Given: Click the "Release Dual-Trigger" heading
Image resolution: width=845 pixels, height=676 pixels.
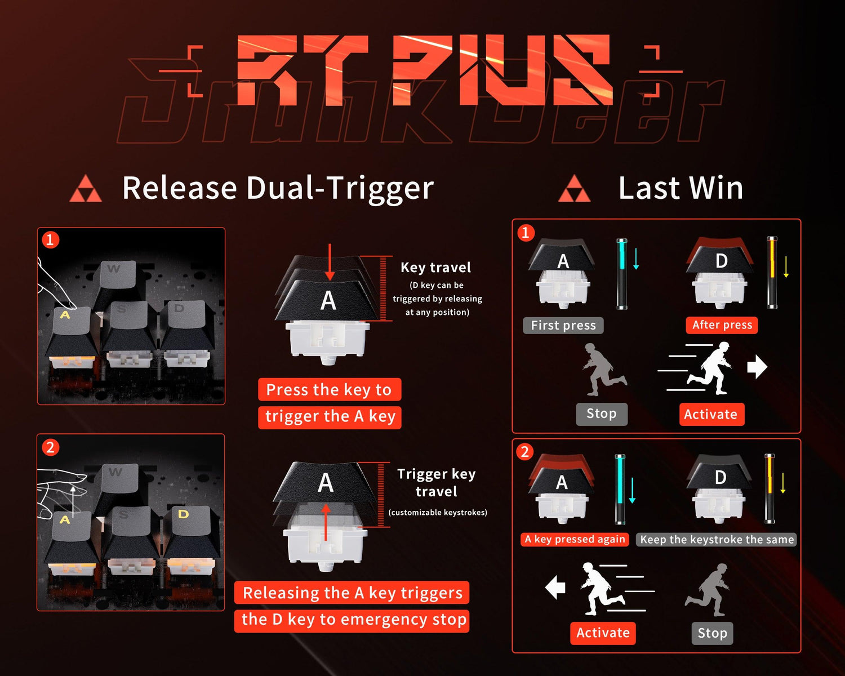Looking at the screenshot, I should [278, 188].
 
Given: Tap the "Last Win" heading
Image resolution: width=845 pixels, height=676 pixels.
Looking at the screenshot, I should [681, 188].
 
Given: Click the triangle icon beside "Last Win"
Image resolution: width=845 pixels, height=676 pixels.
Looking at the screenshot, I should [574, 189].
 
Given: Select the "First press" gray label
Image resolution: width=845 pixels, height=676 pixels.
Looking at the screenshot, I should [563, 326].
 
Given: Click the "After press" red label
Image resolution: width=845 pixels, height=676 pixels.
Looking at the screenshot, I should [722, 325].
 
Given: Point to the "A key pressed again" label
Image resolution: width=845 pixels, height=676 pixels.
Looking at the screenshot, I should [575, 539].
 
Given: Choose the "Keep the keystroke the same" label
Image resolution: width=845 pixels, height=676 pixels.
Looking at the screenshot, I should [717, 540].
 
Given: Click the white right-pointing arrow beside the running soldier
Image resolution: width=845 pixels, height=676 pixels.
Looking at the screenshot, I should [757, 367].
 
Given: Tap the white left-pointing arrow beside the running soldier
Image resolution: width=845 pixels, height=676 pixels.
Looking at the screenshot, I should [555, 588].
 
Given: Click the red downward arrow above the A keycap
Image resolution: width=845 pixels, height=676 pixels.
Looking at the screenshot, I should [330, 263].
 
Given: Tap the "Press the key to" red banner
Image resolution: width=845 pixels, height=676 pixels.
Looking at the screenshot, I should [329, 389].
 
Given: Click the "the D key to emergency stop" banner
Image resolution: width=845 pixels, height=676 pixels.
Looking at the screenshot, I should [353, 620].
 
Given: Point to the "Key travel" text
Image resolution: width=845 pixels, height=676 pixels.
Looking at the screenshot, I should [435, 268].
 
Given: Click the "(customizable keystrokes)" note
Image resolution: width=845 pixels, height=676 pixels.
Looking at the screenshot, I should [438, 513].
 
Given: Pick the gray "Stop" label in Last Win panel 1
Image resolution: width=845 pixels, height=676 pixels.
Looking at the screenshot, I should [601, 414].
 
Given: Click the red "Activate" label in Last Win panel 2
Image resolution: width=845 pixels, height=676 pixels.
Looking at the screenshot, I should [603, 633].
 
